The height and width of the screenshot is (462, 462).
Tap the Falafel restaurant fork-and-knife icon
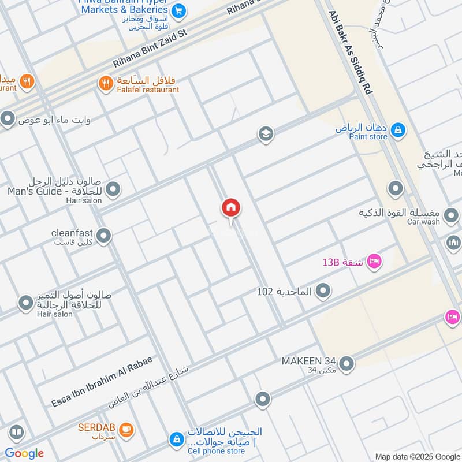coord(105,83)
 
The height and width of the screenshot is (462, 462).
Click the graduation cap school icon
coord(266,135)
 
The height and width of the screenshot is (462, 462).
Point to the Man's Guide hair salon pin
coord(113,189)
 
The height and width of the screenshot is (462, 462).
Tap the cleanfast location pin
coord(104,236)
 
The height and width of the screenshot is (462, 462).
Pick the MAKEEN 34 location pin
coord(346,363)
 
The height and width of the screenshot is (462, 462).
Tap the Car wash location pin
coord(396,188)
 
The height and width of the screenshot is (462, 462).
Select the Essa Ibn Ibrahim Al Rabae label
coord(102,381)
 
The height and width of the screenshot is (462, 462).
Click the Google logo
coord(24,453)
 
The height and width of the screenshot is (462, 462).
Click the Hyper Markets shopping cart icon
coord(178,10)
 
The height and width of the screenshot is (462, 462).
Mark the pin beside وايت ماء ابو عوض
coord(8,120)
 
